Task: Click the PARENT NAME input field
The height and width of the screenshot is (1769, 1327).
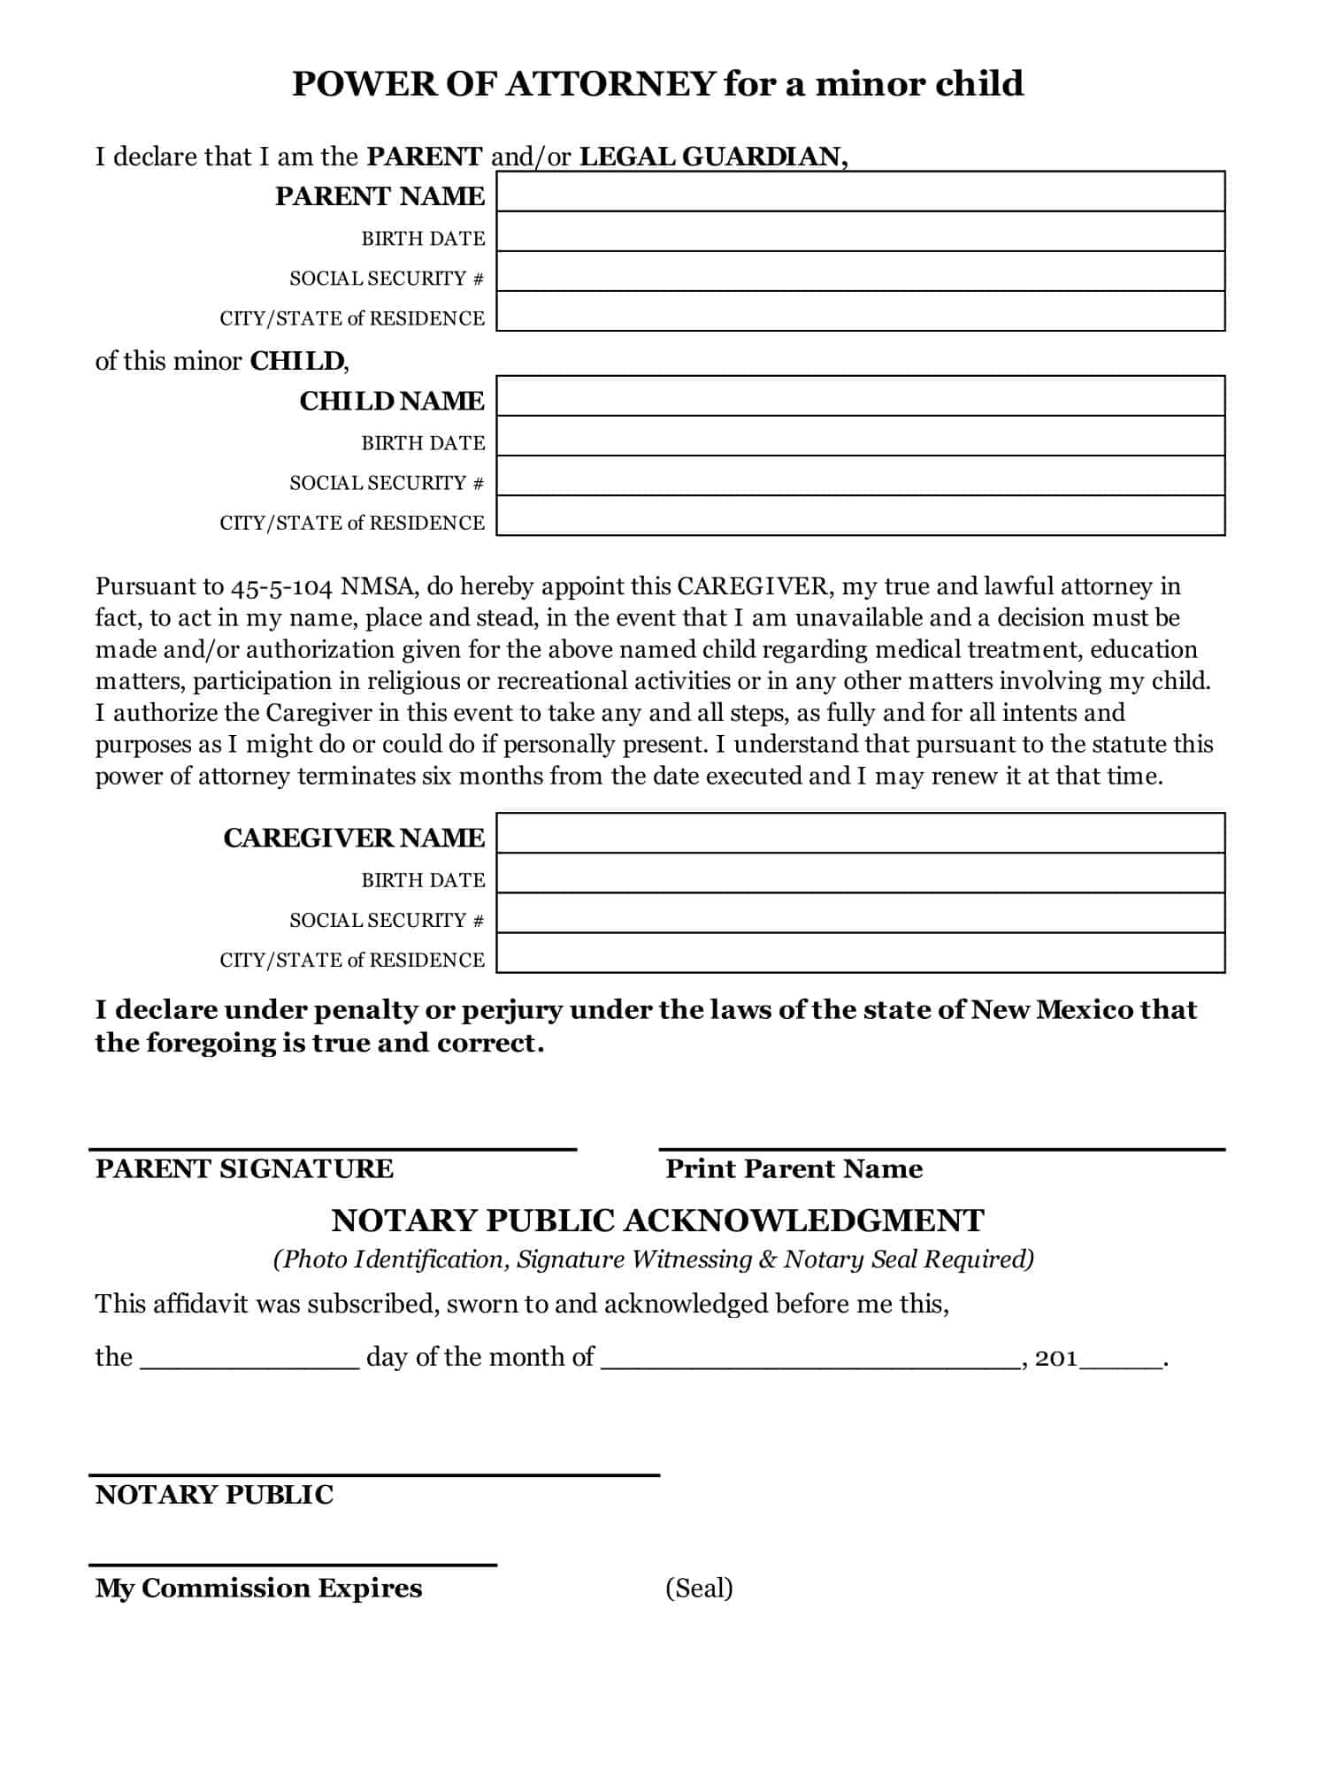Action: [x=860, y=192]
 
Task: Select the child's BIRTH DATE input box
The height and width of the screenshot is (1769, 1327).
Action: [x=860, y=437]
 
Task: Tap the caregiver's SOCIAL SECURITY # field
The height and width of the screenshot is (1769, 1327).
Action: [x=860, y=914]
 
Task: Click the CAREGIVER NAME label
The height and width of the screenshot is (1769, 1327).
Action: [x=354, y=838]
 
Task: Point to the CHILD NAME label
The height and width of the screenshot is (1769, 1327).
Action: [x=392, y=402]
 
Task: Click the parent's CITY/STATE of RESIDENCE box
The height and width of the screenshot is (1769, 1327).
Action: [x=860, y=312]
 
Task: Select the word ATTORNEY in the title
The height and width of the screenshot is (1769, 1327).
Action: [x=610, y=84]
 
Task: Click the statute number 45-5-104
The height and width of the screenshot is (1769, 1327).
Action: [x=283, y=586]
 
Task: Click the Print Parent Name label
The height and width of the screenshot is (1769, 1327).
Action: [x=794, y=1169]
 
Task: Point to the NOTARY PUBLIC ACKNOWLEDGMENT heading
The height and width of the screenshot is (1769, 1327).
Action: [x=657, y=1221]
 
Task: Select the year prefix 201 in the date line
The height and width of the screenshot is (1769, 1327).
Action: [x=1056, y=1359]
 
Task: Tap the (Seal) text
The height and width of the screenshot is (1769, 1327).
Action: [x=699, y=1588]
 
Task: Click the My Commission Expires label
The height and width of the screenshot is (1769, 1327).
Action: [x=258, y=1589]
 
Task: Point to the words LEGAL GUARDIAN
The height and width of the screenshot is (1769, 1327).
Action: [x=712, y=157]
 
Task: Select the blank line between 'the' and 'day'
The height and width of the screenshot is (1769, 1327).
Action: [x=249, y=1359]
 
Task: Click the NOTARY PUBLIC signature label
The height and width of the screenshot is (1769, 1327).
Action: [x=214, y=1495]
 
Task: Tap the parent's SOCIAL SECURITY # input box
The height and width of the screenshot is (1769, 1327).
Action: [x=860, y=272]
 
